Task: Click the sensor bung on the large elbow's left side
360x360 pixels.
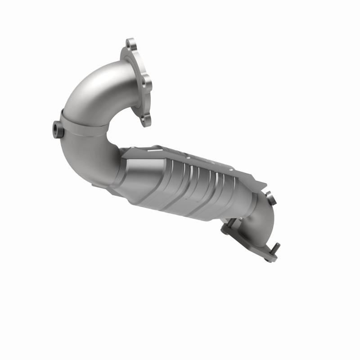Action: point(56,128)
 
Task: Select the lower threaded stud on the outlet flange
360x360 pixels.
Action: point(276,248)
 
